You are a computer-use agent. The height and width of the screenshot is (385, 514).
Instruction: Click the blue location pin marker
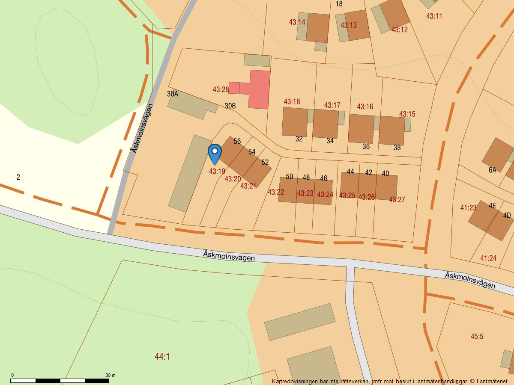click(215, 153)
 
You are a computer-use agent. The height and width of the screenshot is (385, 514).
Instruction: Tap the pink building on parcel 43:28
click(257, 89)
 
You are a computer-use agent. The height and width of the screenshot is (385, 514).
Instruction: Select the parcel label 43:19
click(217, 171)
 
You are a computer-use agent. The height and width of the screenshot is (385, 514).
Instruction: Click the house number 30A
click(173, 94)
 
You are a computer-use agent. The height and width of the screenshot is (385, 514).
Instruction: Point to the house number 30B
click(230, 106)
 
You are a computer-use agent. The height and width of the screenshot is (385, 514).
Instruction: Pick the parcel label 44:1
click(162, 356)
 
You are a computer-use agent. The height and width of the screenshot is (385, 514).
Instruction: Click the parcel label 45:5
click(477, 336)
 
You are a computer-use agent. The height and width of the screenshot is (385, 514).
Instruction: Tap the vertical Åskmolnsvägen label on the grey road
click(142, 128)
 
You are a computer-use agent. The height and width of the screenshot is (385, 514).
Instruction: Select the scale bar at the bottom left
click(60, 380)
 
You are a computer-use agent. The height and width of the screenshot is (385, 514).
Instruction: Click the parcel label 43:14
click(297, 22)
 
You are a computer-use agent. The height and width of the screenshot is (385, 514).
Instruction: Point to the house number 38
click(397, 148)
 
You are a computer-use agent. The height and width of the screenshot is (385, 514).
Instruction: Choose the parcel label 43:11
click(434, 16)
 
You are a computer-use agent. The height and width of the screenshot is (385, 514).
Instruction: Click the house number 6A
click(492, 170)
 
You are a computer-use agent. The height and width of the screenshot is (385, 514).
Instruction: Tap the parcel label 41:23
click(468, 207)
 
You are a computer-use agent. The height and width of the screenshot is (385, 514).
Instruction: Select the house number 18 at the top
click(339, 4)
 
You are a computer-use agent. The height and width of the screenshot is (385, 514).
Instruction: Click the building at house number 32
click(295, 121)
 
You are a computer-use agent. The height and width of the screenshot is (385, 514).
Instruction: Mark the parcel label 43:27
click(397, 199)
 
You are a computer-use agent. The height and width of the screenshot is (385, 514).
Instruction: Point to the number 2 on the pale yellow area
click(18, 177)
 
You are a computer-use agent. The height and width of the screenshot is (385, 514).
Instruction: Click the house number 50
click(289, 177)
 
